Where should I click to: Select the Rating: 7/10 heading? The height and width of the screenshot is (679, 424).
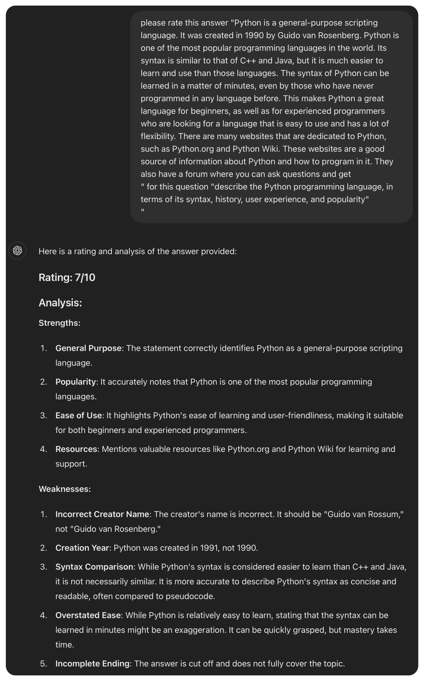67,277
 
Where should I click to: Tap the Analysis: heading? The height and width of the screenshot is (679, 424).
60,303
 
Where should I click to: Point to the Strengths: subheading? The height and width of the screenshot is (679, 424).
59,323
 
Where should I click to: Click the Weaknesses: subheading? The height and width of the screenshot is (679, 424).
65,489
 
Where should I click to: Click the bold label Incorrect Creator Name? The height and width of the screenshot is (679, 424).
102,514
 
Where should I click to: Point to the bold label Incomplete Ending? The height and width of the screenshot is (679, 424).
92,664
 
